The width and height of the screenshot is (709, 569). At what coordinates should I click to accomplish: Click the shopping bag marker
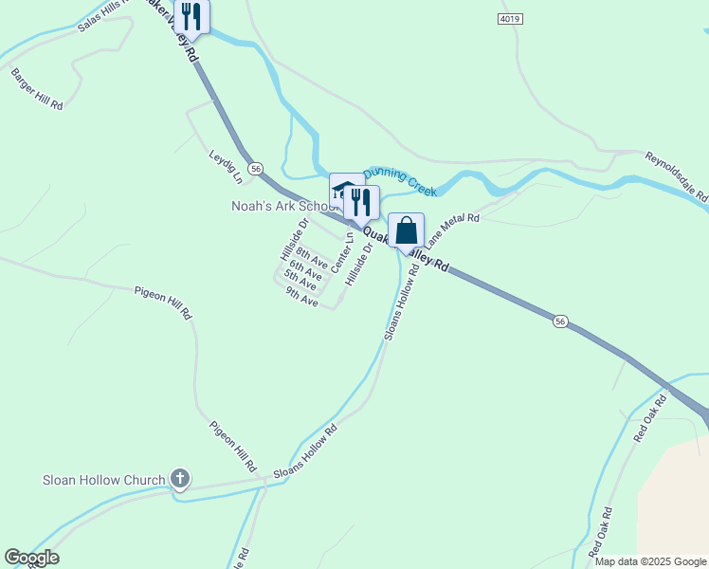(407, 231)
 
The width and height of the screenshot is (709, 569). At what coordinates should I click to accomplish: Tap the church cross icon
(180, 480)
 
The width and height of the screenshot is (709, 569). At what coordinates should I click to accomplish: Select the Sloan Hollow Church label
(104, 480)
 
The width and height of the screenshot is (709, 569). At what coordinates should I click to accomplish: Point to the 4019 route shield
(510, 19)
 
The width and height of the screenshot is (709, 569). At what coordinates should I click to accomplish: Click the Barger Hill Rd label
(36, 89)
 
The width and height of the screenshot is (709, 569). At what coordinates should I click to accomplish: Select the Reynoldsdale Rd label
(677, 176)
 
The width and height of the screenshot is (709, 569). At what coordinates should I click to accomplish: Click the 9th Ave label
(301, 297)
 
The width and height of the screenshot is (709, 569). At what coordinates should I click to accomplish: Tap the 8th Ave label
(312, 256)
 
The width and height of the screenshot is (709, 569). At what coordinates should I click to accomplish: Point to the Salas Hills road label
(101, 16)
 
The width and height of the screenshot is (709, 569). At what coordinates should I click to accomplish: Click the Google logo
(31, 558)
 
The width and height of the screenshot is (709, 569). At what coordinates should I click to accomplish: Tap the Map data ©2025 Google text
(650, 561)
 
